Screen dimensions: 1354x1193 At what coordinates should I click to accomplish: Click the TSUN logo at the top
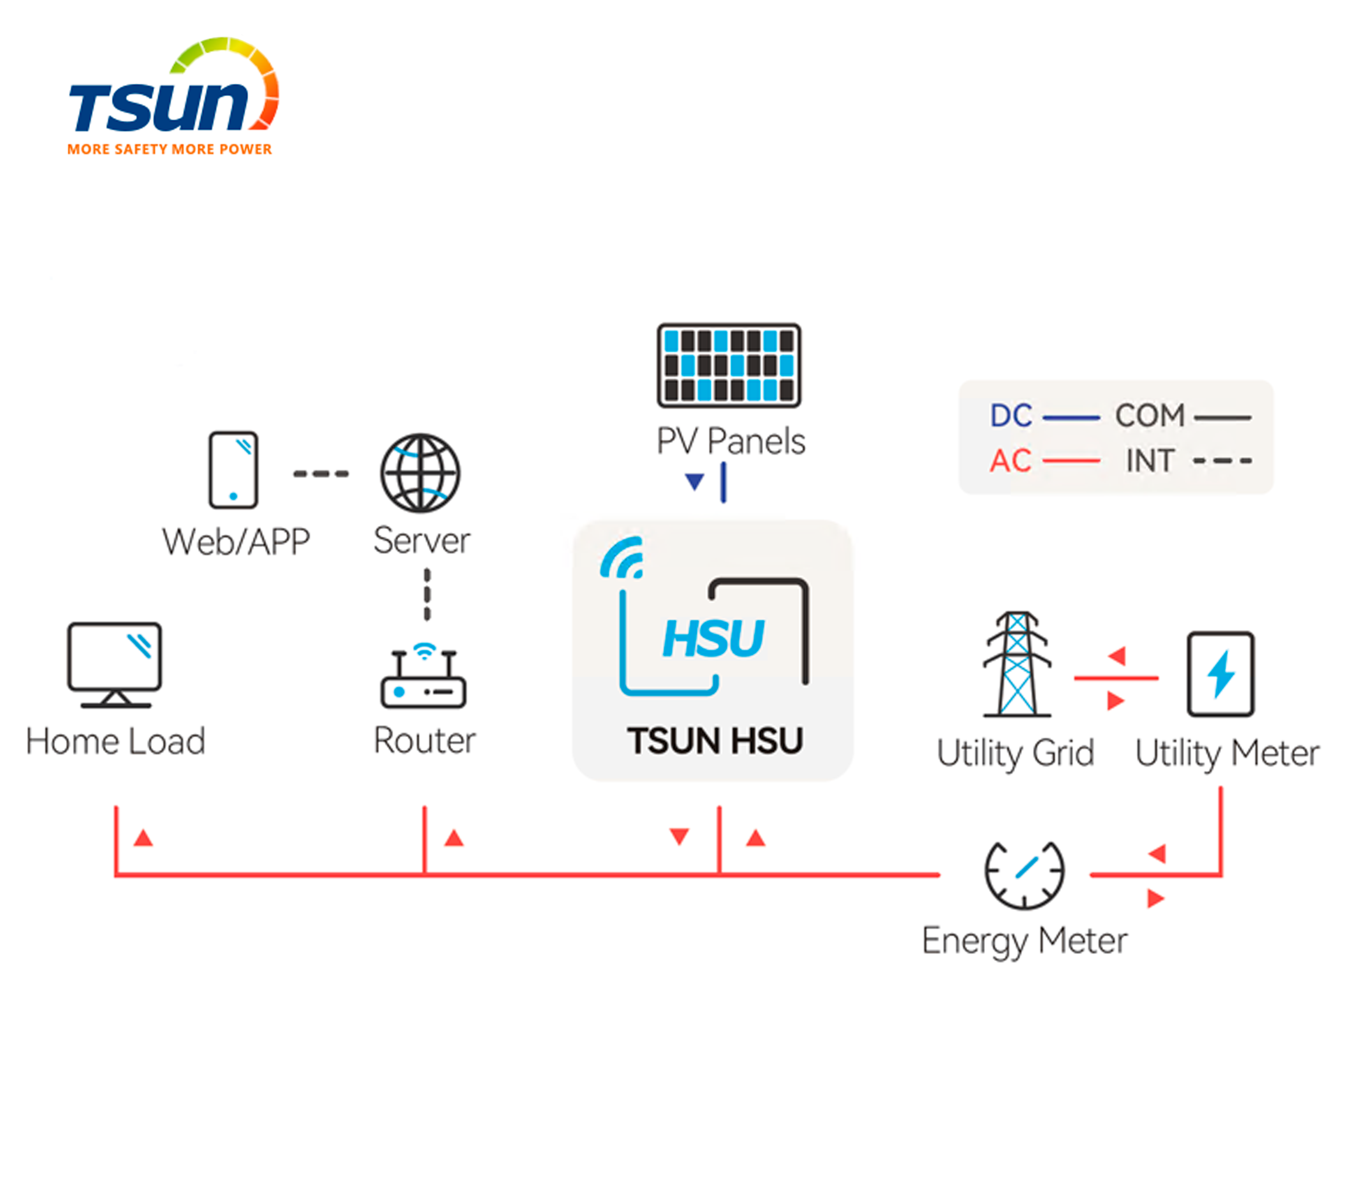tap(174, 96)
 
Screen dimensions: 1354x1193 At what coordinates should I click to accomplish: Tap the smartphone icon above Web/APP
tap(233, 470)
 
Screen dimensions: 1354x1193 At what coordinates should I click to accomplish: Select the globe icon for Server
tap(420, 473)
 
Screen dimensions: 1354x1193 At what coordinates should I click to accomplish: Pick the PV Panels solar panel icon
tap(729, 365)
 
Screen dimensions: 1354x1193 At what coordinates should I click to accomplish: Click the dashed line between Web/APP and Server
tap(321, 473)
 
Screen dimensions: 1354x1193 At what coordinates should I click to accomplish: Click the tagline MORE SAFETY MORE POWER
tap(170, 149)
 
